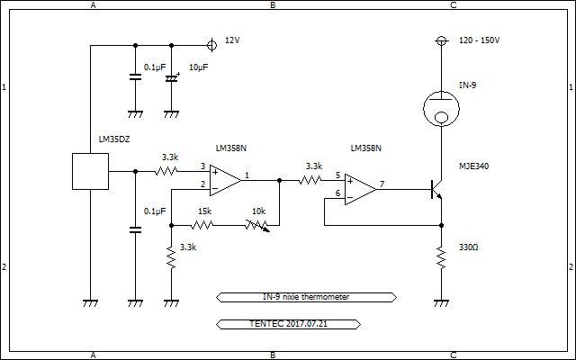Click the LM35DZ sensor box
(x=90, y=171)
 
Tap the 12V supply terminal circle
(x=211, y=44)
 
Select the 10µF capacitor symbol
(x=171, y=79)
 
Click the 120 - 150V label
(x=479, y=40)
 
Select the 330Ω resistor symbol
(x=441, y=259)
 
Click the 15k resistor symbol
(x=204, y=225)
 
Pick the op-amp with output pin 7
(x=360, y=189)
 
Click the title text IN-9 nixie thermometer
(x=306, y=296)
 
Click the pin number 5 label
(x=337, y=175)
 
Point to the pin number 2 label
(x=202, y=184)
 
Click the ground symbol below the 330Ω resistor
(x=441, y=304)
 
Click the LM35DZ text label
(x=114, y=139)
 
